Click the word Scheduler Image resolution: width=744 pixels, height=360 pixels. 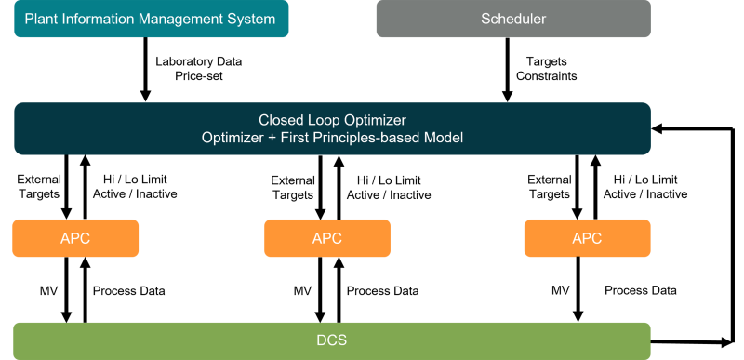(513, 19)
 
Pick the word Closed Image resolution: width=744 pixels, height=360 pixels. (279, 120)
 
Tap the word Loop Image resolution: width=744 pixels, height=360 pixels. (322, 120)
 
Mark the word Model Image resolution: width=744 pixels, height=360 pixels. (444, 138)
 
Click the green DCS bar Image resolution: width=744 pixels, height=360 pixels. (332, 340)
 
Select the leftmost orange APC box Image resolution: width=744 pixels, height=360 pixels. (75, 238)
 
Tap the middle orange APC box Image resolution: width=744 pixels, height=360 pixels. (327, 238)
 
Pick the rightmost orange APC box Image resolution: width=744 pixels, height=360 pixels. (587, 238)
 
